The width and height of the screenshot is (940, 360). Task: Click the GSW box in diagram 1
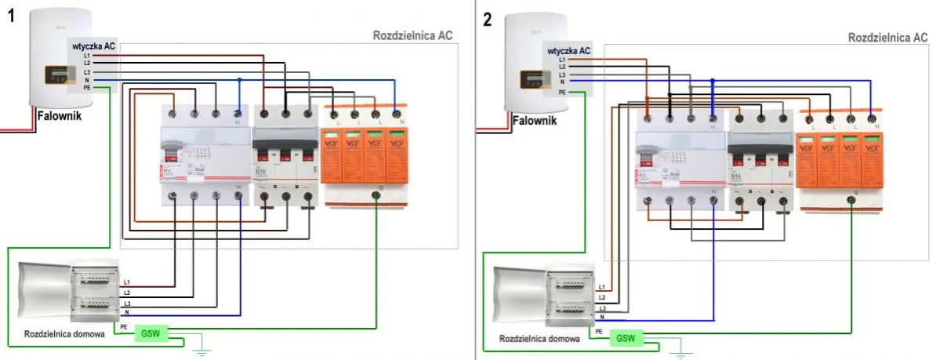pos(149,333)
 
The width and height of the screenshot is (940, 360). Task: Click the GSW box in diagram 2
pos(625,339)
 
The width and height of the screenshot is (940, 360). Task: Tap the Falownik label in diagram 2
pos(536,120)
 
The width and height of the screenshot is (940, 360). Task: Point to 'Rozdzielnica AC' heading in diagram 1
pos(412,36)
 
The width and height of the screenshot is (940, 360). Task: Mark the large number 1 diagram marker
pos(11,16)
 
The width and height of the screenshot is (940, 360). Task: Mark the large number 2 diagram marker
pos(488,18)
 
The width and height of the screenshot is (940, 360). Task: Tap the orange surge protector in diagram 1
pos(365,157)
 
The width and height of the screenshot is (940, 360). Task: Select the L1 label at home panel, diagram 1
pos(127,282)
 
